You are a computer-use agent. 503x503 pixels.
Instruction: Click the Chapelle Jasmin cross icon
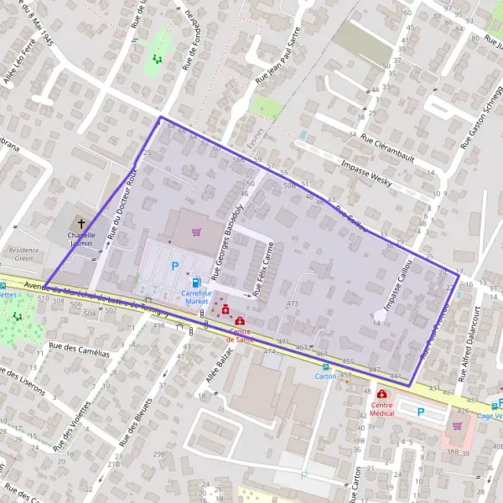(x=81, y=223)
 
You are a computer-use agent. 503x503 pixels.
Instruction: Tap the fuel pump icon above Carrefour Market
(x=196, y=283)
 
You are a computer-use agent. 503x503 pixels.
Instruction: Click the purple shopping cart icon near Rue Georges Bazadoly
(x=197, y=232)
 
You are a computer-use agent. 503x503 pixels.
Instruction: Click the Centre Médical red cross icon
(x=382, y=394)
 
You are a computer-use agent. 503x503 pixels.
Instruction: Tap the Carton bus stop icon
(x=326, y=367)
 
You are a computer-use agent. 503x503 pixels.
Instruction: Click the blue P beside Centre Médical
(x=421, y=411)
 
